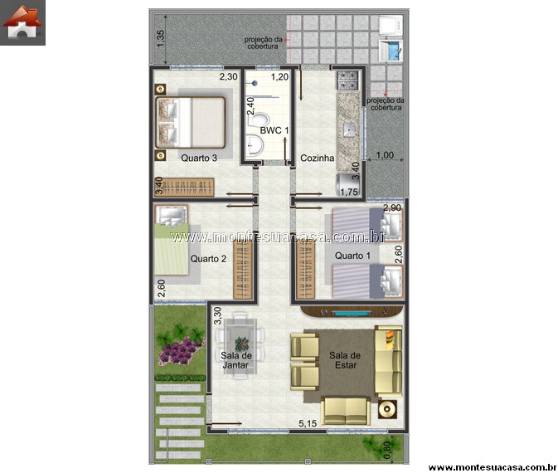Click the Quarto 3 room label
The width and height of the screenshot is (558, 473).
[199, 158]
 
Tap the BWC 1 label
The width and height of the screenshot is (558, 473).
[274, 130]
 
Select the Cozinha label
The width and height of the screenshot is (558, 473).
[317, 158]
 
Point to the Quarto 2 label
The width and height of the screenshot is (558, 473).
[208, 259]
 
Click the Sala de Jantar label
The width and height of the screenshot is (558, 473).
[236, 360]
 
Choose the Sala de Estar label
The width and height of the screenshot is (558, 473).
[345, 360]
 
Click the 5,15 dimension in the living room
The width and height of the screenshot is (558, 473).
[308, 423]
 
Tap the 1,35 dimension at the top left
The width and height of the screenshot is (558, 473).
[161, 38]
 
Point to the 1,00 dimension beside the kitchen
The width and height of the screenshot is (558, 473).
[385, 155]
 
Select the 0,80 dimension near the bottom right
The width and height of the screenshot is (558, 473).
[387, 451]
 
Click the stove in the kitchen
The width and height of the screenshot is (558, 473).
[347, 80]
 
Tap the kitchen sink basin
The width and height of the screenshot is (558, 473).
[349, 129]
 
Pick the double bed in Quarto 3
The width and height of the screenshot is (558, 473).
[191, 123]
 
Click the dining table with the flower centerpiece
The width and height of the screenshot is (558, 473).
[241, 345]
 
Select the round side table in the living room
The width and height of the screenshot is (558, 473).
[387, 409]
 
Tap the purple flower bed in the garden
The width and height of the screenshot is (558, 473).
[180, 351]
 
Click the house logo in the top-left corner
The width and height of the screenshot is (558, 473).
[22, 22]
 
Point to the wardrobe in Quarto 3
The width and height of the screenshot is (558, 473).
[184, 188]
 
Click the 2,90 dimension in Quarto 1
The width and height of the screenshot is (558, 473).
[392, 207]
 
